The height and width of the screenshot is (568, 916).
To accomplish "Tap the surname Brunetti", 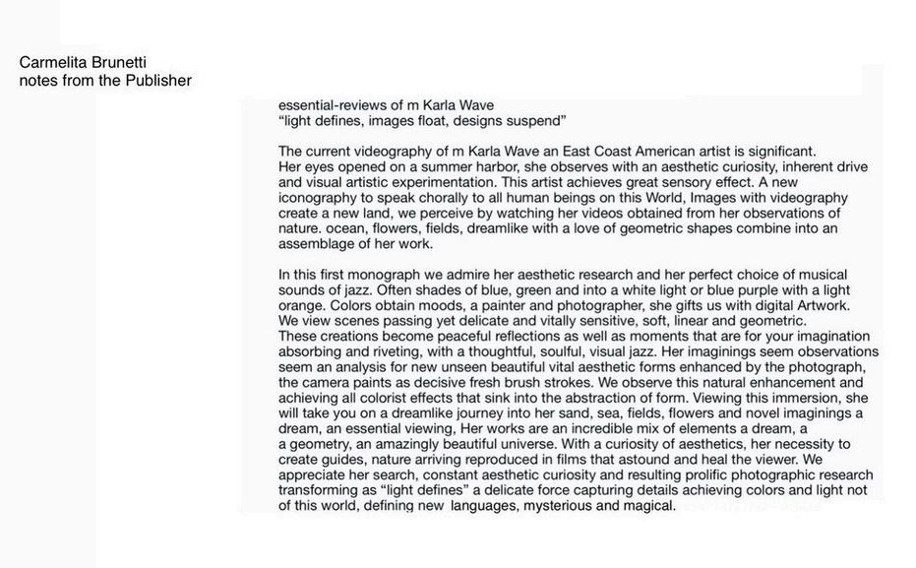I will point(119,62).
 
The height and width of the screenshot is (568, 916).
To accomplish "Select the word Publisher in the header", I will point(158,81).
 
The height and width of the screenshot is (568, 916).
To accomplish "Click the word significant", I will point(772,152).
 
